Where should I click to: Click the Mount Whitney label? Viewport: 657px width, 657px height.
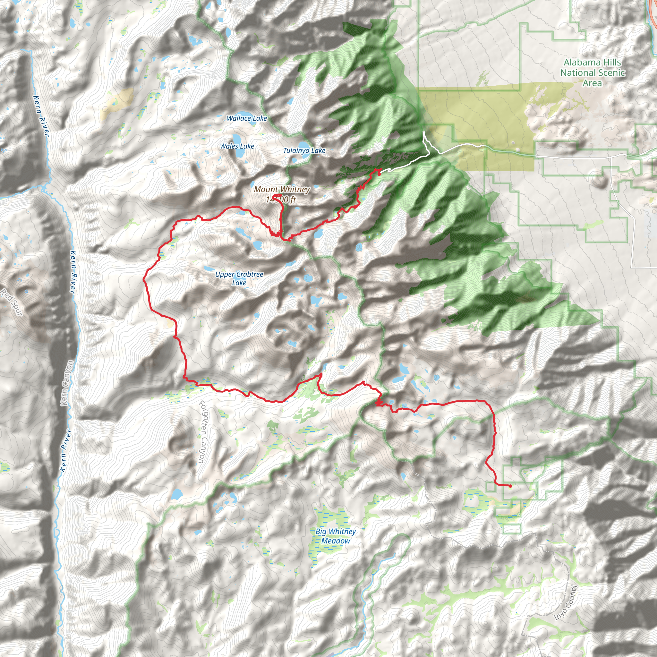(x=282, y=189)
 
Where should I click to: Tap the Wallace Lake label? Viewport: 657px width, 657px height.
(x=247, y=118)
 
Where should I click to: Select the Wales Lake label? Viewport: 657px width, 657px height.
(x=237, y=146)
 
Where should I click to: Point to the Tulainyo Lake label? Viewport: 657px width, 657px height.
(x=304, y=150)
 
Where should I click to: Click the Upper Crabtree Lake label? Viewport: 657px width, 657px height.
(x=239, y=278)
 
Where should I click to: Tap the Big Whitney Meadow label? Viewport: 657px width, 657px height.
(x=336, y=536)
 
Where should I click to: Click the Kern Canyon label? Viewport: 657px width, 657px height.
(x=67, y=383)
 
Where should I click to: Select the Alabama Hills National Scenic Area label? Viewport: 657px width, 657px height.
(x=593, y=73)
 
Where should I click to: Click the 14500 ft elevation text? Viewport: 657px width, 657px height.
(x=281, y=200)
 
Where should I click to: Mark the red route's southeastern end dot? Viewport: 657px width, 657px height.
(x=510, y=486)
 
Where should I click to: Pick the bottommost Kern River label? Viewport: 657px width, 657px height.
(x=65, y=450)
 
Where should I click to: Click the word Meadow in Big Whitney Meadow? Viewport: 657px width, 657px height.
(x=336, y=541)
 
